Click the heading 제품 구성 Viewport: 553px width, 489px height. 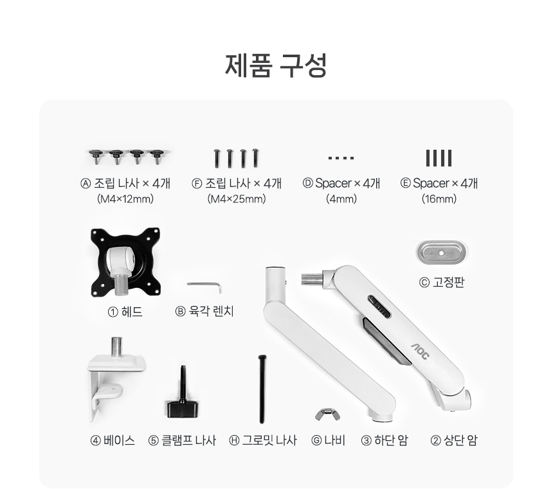[x=276, y=66]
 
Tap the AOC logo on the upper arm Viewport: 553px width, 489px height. [x=421, y=351]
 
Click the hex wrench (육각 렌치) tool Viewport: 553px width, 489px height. [x=205, y=285]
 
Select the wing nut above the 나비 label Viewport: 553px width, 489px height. [x=328, y=414]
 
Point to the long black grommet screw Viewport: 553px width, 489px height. [x=262, y=389]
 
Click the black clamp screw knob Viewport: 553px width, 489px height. [x=183, y=408]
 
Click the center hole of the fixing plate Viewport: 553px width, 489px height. [x=441, y=253]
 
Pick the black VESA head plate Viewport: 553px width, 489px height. [x=125, y=262]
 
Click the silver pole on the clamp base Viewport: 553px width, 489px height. [x=117, y=347]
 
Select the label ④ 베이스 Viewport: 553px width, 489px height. [x=113, y=440]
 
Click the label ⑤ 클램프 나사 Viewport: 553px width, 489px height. [x=182, y=440]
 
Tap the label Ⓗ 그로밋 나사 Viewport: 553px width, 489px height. [x=263, y=440]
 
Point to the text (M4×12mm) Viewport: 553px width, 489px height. [x=125, y=199]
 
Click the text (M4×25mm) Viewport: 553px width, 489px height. [x=237, y=199]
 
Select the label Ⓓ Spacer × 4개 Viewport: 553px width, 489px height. [x=341, y=183]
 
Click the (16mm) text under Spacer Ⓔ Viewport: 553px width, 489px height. [x=439, y=199]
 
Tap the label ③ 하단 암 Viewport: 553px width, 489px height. [x=385, y=440]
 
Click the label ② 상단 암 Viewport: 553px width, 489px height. [x=454, y=440]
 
